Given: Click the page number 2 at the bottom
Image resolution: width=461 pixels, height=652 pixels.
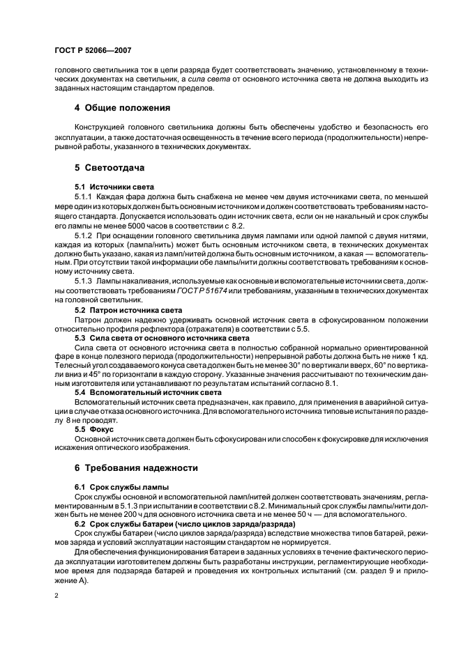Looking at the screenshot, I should pyautogui.click(x=54, y=597).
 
